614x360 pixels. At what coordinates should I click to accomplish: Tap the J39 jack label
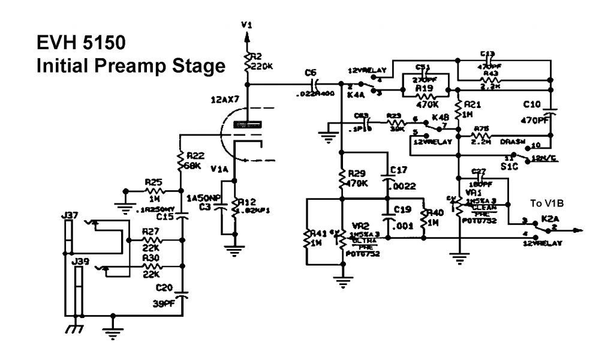coord(79,262)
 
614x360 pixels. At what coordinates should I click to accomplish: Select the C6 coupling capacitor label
coord(309,73)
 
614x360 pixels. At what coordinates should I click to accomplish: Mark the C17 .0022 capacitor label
coord(400,178)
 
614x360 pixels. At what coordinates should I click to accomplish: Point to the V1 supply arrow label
coord(246,25)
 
